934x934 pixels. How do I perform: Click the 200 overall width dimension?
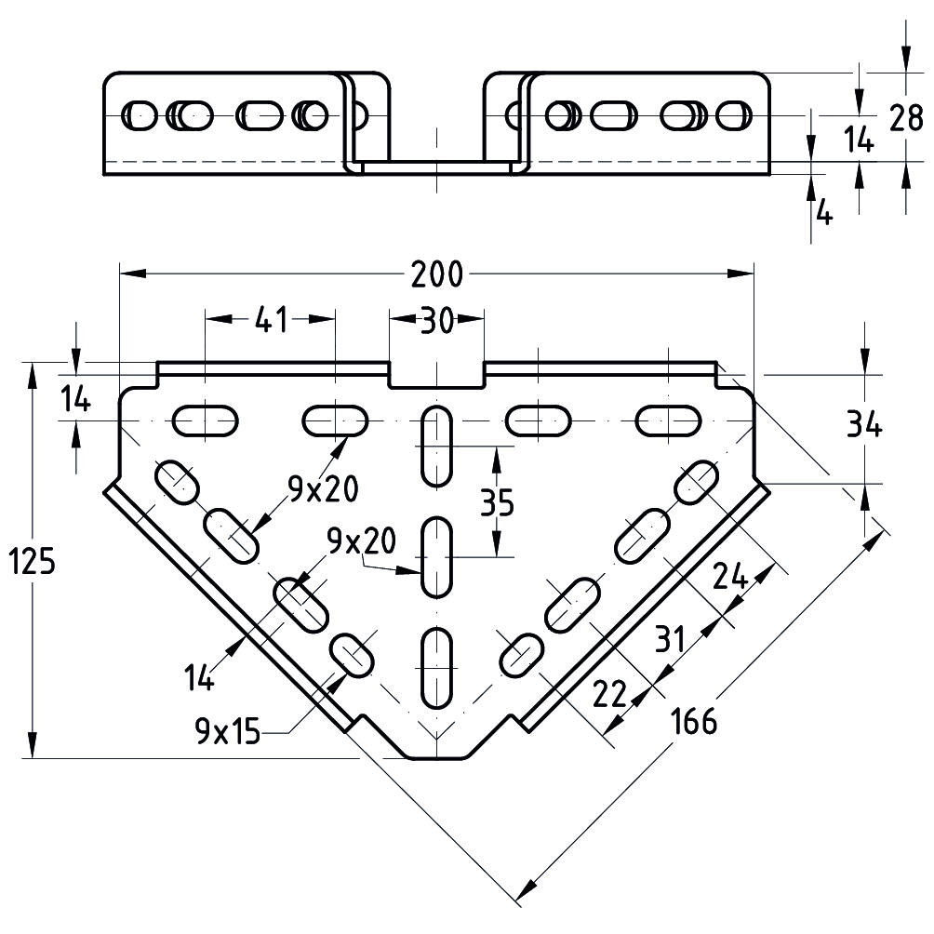pos(436,274)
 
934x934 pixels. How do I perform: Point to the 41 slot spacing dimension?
pos(269,321)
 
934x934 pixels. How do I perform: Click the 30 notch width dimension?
pos(435,321)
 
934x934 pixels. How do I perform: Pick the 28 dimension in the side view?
pos(905,119)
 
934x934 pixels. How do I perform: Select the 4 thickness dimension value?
pos(823,213)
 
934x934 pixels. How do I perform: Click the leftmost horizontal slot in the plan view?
pos(205,420)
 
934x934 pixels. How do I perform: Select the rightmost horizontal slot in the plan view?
pos(666,420)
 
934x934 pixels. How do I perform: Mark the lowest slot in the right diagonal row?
pos(522,654)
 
